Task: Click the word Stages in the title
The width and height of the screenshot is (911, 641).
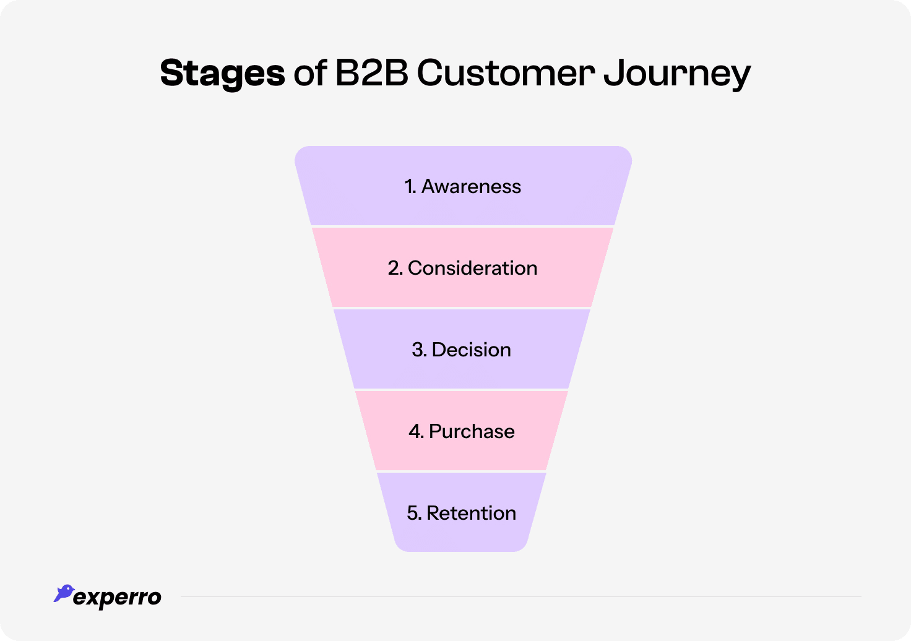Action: (x=222, y=74)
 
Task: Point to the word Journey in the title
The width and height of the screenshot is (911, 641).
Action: (x=677, y=74)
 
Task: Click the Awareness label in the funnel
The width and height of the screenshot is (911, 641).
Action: (x=471, y=186)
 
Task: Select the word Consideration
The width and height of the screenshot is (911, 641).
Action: (x=472, y=268)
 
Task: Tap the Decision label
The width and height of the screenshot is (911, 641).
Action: (x=471, y=350)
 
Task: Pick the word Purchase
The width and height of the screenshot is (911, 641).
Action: (x=471, y=431)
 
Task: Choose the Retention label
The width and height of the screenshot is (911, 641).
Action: (x=471, y=513)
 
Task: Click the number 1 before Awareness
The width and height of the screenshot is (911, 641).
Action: (x=409, y=186)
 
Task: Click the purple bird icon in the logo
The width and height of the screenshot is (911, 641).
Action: (x=63, y=593)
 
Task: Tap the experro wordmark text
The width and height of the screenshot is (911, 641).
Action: (x=118, y=598)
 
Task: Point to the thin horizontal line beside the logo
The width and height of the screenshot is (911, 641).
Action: (x=520, y=596)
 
